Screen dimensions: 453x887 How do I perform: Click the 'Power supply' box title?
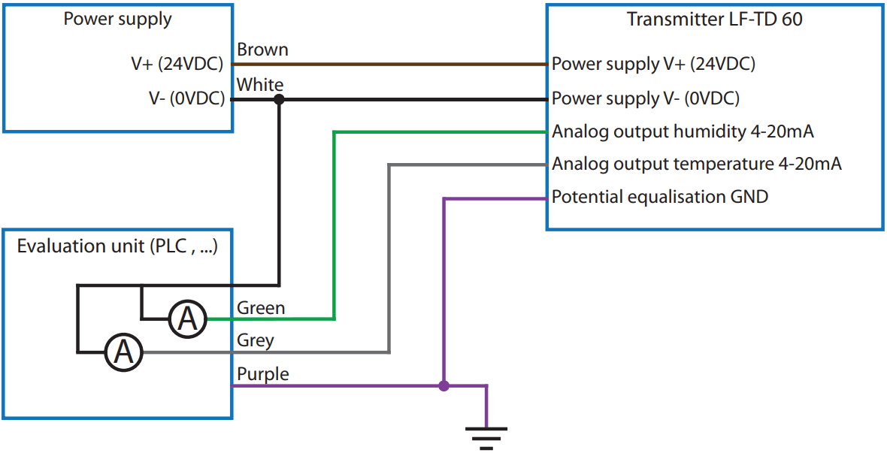(x=117, y=20)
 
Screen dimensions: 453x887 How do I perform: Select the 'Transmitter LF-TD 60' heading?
(x=714, y=20)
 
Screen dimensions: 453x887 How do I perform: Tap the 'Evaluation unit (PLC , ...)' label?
(x=117, y=246)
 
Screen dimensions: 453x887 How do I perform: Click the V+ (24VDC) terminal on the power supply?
(x=177, y=65)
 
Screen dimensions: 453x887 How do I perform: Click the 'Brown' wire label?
(x=262, y=50)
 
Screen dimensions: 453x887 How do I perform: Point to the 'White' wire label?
(x=260, y=84)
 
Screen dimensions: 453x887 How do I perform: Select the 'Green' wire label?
(x=261, y=308)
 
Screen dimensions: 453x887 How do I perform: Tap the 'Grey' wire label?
(x=256, y=340)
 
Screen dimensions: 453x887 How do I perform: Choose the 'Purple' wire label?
(x=262, y=373)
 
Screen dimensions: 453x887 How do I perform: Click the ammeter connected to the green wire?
(x=186, y=319)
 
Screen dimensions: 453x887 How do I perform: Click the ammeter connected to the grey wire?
(x=123, y=352)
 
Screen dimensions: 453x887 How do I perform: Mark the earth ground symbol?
(x=486, y=436)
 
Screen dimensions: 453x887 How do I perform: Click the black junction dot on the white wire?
(x=279, y=98)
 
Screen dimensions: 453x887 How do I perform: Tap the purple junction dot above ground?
(x=443, y=386)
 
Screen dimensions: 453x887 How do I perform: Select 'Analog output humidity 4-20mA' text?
(x=683, y=131)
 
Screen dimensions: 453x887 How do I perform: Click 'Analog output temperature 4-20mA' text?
(x=696, y=164)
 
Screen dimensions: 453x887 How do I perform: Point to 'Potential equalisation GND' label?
(x=660, y=197)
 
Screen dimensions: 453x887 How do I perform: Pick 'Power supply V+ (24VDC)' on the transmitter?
(x=653, y=65)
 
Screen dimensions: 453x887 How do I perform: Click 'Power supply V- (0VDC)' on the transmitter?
(x=646, y=98)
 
